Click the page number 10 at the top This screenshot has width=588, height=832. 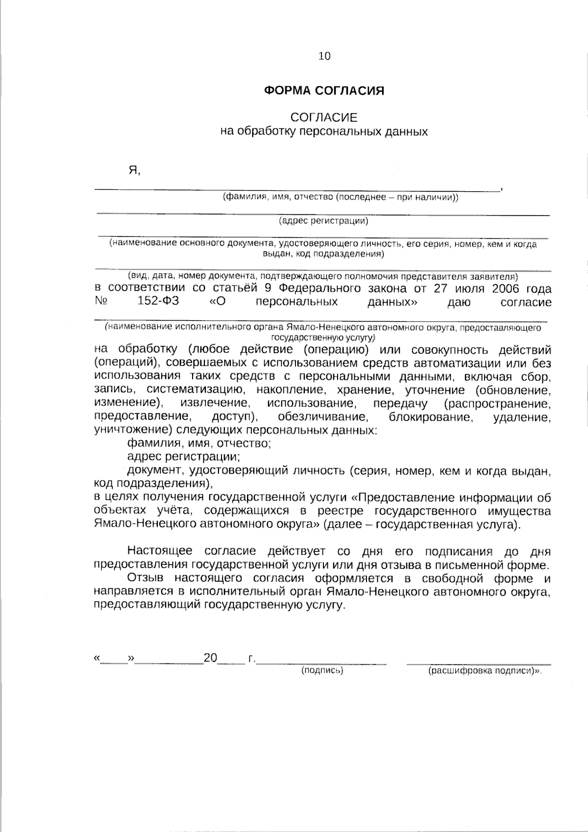coord(324,56)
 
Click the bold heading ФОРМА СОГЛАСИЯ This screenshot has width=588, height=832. coord(324,91)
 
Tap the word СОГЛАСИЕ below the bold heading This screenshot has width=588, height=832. coord(324,118)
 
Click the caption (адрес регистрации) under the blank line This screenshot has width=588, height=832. coord(323,221)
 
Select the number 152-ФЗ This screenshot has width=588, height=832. coord(158,302)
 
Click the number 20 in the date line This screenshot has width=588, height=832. coord(210,658)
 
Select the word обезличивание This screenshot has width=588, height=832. coord(322,417)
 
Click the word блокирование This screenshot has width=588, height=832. coord(431,417)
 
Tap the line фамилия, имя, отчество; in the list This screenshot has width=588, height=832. coord(199,444)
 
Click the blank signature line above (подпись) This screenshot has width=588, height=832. coord(322,663)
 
